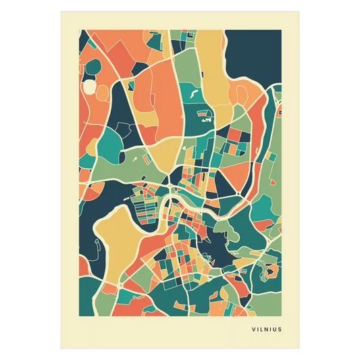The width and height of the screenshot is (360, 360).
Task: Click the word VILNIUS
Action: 265,331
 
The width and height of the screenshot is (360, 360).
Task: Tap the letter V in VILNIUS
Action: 253,331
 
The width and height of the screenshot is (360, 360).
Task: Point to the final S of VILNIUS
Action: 280,331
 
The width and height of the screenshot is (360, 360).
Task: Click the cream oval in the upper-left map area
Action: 89,86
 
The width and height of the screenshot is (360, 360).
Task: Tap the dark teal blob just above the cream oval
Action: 93,68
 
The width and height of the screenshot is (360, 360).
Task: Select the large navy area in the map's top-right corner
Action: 253,54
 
